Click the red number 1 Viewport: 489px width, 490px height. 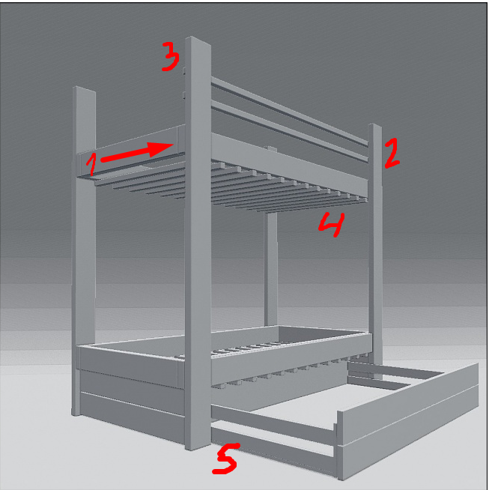pyautogui.click(x=91, y=164)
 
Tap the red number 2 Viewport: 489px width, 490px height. pyautogui.click(x=392, y=153)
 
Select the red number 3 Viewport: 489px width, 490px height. pyautogui.click(x=171, y=56)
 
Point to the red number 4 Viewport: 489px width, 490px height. pyautogui.click(x=332, y=224)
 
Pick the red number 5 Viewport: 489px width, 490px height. pyautogui.click(x=225, y=458)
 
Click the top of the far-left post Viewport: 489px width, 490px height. pyautogui.click(x=85, y=89)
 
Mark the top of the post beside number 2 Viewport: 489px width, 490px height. pyautogui.click(x=375, y=126)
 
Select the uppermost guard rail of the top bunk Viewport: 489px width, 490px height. pyautogui.click(x=290, y=112)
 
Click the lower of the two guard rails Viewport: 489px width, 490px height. pyautogui.click(x=290, y=131)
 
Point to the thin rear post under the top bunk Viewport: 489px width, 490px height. pyautogui.click(x=270, y=269)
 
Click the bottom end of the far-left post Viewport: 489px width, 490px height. pyautogui.click(x=76, y=413)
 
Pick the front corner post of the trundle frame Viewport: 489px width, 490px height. pyautogui.click(x=340, y=446)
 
